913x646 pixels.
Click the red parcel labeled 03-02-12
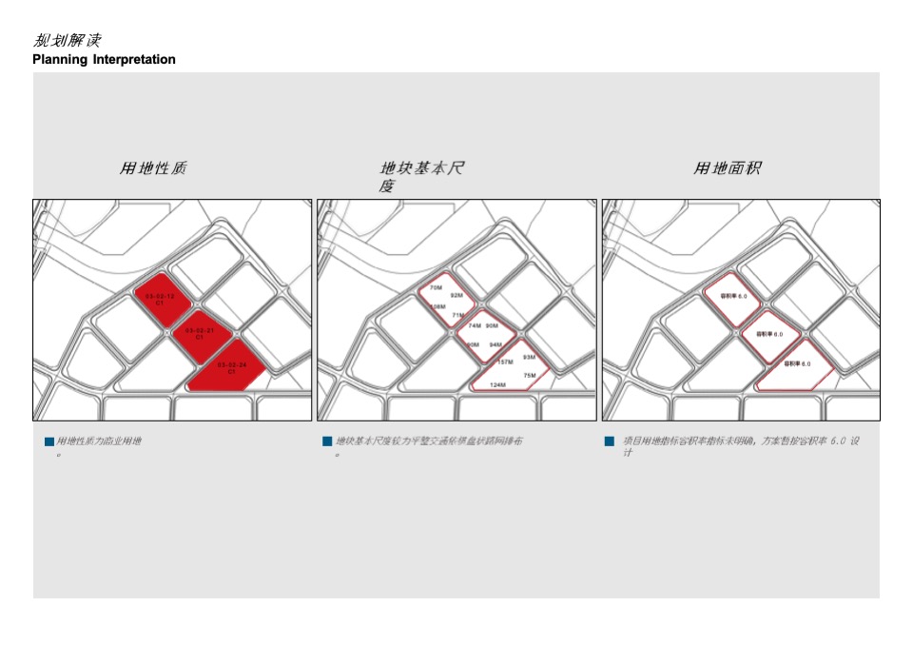pyautogui.click(x=159, y=299)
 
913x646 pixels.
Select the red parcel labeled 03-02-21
pyautogui.click(x=199, y=333)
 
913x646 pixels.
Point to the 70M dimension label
pyautogui.click(x=436, y=286)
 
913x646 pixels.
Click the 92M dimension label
pyautogui.click(x=456, y=295)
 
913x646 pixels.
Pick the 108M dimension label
pyautogui.click(x=437, y=306)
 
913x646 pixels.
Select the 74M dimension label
pyautogui.click(x=475, y=325)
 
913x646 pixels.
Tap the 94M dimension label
pyautogui.click(x=495, y=344)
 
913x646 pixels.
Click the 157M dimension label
pyautogui.click(x=505, y=362)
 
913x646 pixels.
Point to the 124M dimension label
pyautogui.click(x=497, y=384)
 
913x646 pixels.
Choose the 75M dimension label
pyautogui.click(x=530, y=375)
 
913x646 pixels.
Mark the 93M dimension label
pyautogui.click(x=529, y=357)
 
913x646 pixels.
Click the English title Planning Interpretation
pyautogui.click(x=104, y=59)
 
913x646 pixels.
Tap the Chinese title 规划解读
pyautogui.click(x=67, y=40)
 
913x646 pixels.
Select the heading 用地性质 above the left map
pyautogui.click(x=153, y=168)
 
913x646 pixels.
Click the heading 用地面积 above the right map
pyautogui.click(x=728, y=168)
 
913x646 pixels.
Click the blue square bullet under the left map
pyautogui.click(x=49, y=441)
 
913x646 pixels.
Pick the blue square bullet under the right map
pyautogui.click(x=609, y=441)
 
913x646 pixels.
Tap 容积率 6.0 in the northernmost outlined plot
pyautogui.click(x=733, y=296)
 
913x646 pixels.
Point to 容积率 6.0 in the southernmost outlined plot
pyautogui.click(x=797, y=363)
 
